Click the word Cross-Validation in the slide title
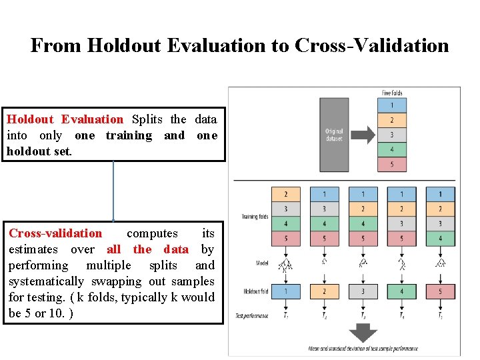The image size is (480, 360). tap(371, 45)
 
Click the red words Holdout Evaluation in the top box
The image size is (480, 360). tap(65, 119)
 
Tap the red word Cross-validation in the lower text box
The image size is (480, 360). tap(55, 233)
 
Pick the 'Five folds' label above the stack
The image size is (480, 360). tap(392, 93)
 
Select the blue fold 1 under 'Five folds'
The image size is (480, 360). tap(392, 105)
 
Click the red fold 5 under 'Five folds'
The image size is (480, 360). tap(392, 164)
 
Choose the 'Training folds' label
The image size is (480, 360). tap(255, 217)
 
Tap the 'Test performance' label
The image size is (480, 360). tap(251, 315)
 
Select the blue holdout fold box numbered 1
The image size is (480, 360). tap(286, 291)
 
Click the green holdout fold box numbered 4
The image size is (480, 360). tap(402, 291)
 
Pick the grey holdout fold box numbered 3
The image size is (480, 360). tap(363, 291)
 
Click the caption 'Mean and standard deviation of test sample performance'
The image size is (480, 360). tap(363, 349)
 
